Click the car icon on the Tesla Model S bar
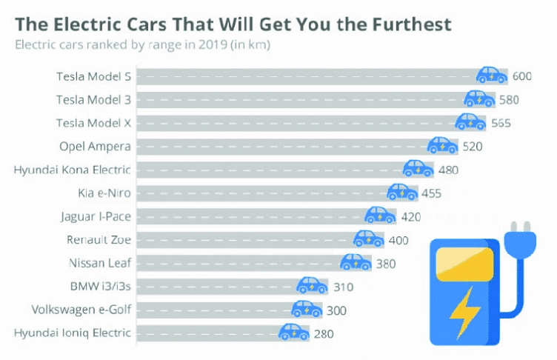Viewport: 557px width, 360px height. point(491,75)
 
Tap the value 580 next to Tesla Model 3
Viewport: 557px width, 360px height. point(508,99)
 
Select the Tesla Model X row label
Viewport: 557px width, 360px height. point(94,123)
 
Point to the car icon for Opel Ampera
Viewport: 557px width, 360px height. point(442,145)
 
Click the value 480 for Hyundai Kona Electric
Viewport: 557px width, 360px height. point(448,170)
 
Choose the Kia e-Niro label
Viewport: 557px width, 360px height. point(104,193)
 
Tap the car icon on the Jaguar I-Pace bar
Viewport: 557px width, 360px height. point(380,216)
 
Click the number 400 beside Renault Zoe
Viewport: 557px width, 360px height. point(398,240)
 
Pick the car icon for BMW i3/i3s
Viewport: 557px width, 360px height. point(312,285)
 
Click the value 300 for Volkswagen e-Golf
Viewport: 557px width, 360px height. point(336,310)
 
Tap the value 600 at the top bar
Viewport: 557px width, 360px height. point(522,76)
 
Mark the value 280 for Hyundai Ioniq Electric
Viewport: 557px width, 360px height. point(324,333)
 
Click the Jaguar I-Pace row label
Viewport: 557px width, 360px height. point(96,216)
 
